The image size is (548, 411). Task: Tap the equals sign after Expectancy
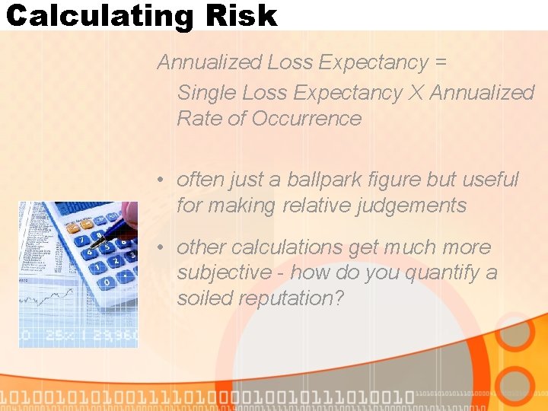click(x=439, y=62)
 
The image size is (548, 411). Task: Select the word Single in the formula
click(x=206, y=93)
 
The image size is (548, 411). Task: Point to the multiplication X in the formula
click(x=416, y=93)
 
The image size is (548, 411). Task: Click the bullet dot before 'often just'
click(x=161, y=180)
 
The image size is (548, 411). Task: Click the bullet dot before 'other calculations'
click(x=161, y=248)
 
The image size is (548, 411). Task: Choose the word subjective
click(x=224, y=272)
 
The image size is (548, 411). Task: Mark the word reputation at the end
click(x=292, y=298)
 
